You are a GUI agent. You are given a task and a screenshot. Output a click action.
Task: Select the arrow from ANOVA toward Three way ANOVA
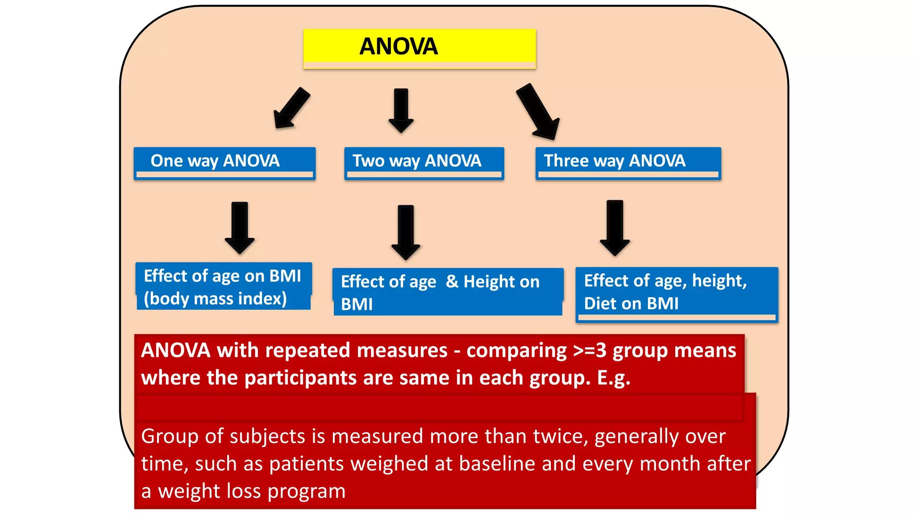[538, 112]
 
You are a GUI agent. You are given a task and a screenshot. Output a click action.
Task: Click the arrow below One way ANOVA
[240, 227]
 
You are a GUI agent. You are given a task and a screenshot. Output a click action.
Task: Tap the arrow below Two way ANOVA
[405, 232]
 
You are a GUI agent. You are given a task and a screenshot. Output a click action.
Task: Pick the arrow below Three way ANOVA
[615, 228]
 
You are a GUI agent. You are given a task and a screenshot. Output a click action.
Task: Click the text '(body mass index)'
[215, 298]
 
